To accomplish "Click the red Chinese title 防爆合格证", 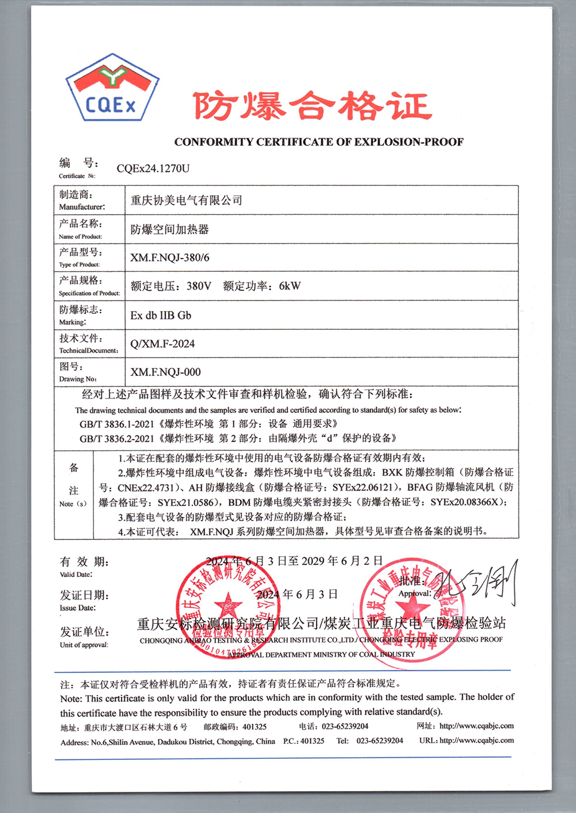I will coord(312,107).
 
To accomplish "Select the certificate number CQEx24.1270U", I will coord(153,168).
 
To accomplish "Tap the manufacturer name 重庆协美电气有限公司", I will coord(186,200).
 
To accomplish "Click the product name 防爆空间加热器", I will coord(169,229).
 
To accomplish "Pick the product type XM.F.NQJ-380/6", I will coord(169,257).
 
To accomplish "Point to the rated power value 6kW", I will coord(290,286).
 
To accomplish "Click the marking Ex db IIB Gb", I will coord(161,315).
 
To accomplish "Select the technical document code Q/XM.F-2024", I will coord(162,344).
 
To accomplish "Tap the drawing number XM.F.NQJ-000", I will coord(165,372).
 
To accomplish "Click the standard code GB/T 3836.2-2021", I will coord(117,438).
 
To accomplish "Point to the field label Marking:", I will coord(73,322).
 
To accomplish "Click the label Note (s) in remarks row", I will coord(73,504).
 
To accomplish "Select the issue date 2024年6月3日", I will coord(297,594).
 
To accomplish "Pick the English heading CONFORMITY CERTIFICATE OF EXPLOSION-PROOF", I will coord(319,142).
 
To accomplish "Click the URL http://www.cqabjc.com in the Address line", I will coord(476,740).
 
